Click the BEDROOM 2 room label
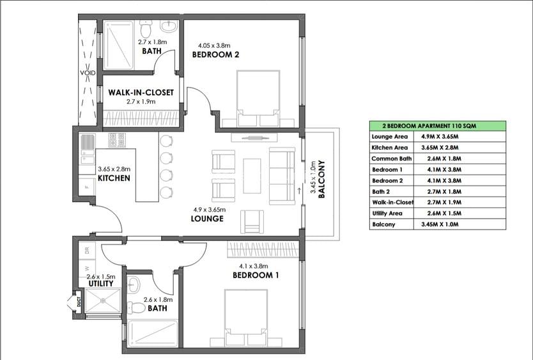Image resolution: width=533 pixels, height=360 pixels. click(215, 54)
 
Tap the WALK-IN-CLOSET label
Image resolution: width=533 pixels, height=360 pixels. click(141, 92)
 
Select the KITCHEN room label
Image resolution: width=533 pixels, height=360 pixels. click(114, 178)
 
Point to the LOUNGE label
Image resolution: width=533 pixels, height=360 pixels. click(207, 219)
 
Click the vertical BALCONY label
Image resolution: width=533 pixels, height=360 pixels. click(322, 179)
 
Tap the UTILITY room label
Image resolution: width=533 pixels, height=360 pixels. click(101, 283)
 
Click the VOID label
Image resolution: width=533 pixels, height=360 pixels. click(88, 73)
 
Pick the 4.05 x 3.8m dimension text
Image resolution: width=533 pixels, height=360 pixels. click(214, 45)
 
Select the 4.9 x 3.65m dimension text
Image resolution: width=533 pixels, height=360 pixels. click(210, 210)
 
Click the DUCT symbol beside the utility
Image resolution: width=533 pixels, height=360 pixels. click(78, 301)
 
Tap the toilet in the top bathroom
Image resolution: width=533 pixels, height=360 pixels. click(146, 29)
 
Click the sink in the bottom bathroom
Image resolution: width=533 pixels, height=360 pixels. click(133, 285)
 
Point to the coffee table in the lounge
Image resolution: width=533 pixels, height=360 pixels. click(252, 176)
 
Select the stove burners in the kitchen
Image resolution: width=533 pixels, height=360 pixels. click(117, 140)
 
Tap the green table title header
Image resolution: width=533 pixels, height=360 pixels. click(438, 126)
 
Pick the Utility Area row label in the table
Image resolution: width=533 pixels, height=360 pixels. click(387, 214)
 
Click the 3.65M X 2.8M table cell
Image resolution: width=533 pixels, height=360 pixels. click(440, 148)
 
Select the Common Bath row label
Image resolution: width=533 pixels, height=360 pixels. click(391, 159)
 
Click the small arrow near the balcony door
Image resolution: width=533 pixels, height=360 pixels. click(299, 191)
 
